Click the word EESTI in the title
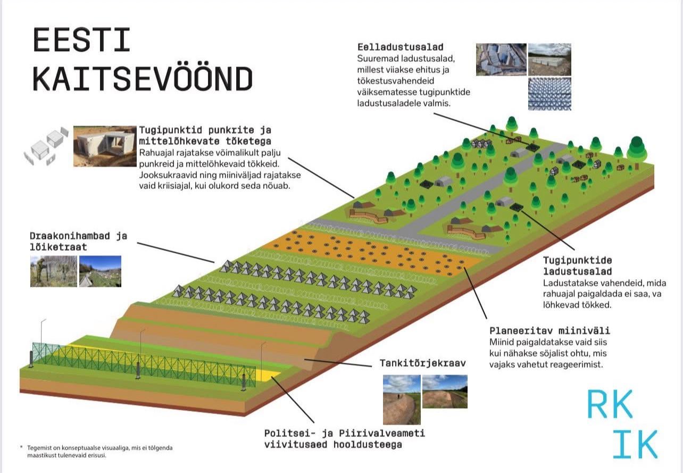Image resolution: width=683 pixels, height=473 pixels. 82,40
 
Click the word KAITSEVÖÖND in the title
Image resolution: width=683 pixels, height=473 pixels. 143,79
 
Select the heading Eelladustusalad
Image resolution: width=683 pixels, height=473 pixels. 401,47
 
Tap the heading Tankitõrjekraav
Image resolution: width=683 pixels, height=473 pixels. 422,363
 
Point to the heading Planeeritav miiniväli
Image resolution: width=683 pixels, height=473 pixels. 550,330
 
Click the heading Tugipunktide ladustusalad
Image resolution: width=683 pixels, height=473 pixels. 578,265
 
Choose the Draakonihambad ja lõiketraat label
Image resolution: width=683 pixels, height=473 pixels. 78,241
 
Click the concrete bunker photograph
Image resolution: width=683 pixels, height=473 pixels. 105,146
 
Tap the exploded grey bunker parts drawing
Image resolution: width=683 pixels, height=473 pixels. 46,146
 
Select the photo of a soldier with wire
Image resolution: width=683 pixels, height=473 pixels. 54,271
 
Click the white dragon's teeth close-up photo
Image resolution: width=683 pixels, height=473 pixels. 549,94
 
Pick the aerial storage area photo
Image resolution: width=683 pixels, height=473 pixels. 501,60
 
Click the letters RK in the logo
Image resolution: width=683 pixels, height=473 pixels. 610,404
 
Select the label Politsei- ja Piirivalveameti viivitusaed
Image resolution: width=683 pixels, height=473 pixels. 345,439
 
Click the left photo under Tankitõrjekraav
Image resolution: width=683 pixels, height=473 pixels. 402,400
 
